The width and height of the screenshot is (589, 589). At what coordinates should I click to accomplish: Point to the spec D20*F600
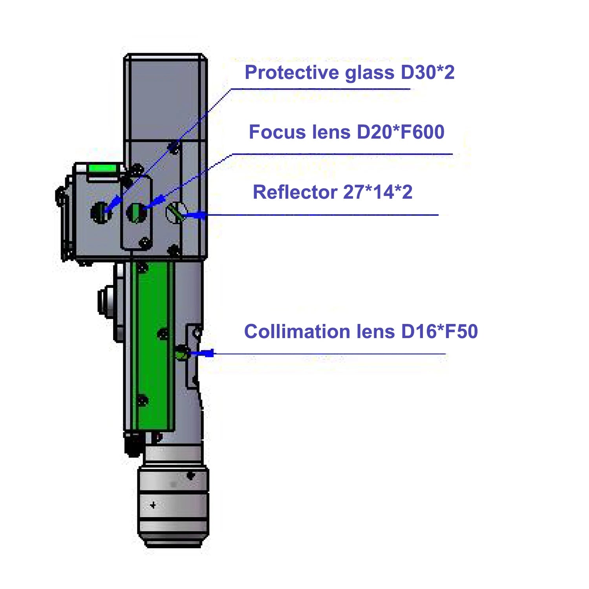click(401, 132)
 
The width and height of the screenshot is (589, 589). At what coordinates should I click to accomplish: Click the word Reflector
click(295, 192)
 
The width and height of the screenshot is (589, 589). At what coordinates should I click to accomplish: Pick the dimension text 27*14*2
click(378, 192)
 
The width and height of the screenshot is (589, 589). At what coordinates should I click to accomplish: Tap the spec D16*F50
click(439, 331)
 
